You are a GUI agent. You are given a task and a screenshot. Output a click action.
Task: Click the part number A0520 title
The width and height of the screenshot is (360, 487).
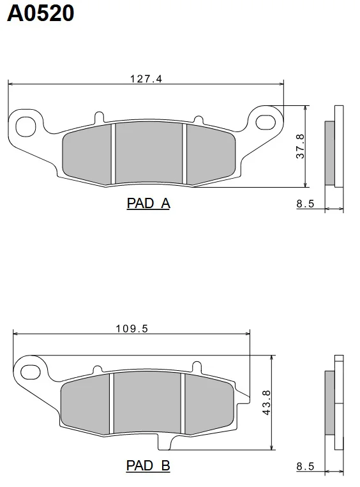coord(40,13)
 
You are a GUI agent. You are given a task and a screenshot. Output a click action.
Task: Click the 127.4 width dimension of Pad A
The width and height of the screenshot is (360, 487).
coord(146,79)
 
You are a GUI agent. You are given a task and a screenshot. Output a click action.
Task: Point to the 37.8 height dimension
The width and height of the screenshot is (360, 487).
coord(301,146)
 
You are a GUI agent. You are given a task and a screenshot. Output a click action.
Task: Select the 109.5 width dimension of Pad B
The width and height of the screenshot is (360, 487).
coord(132,329)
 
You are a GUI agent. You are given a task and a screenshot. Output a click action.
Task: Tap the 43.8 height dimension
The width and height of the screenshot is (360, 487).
coord(267,403)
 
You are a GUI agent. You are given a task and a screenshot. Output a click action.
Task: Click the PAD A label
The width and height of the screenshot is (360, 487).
coord(149,204)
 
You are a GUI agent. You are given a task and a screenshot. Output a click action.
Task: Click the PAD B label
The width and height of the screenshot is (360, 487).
coord(148,465)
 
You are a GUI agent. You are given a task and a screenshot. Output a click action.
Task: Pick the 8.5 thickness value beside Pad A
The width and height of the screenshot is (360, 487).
coord(305,204)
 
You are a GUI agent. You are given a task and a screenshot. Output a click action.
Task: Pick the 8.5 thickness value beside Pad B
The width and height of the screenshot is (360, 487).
coord(305,466)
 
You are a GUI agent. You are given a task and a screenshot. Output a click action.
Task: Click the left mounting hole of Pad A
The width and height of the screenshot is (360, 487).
coord(26,126)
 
